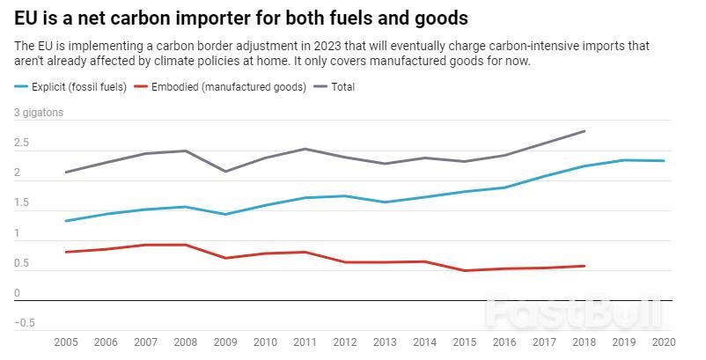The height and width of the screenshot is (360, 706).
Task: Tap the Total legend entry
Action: coord(342,87)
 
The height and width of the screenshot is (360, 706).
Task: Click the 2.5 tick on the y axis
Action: coord(21,143)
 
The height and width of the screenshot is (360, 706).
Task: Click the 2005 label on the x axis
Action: coord(65,342)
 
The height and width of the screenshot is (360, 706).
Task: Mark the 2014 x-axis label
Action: coord(425,342)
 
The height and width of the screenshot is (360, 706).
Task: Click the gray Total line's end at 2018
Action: coord(585,131)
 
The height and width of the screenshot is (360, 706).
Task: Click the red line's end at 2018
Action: coord(585,266)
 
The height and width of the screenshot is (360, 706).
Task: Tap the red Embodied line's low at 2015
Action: coord(465,270)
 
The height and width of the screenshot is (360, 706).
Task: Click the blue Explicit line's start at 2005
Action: coord(65,221)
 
